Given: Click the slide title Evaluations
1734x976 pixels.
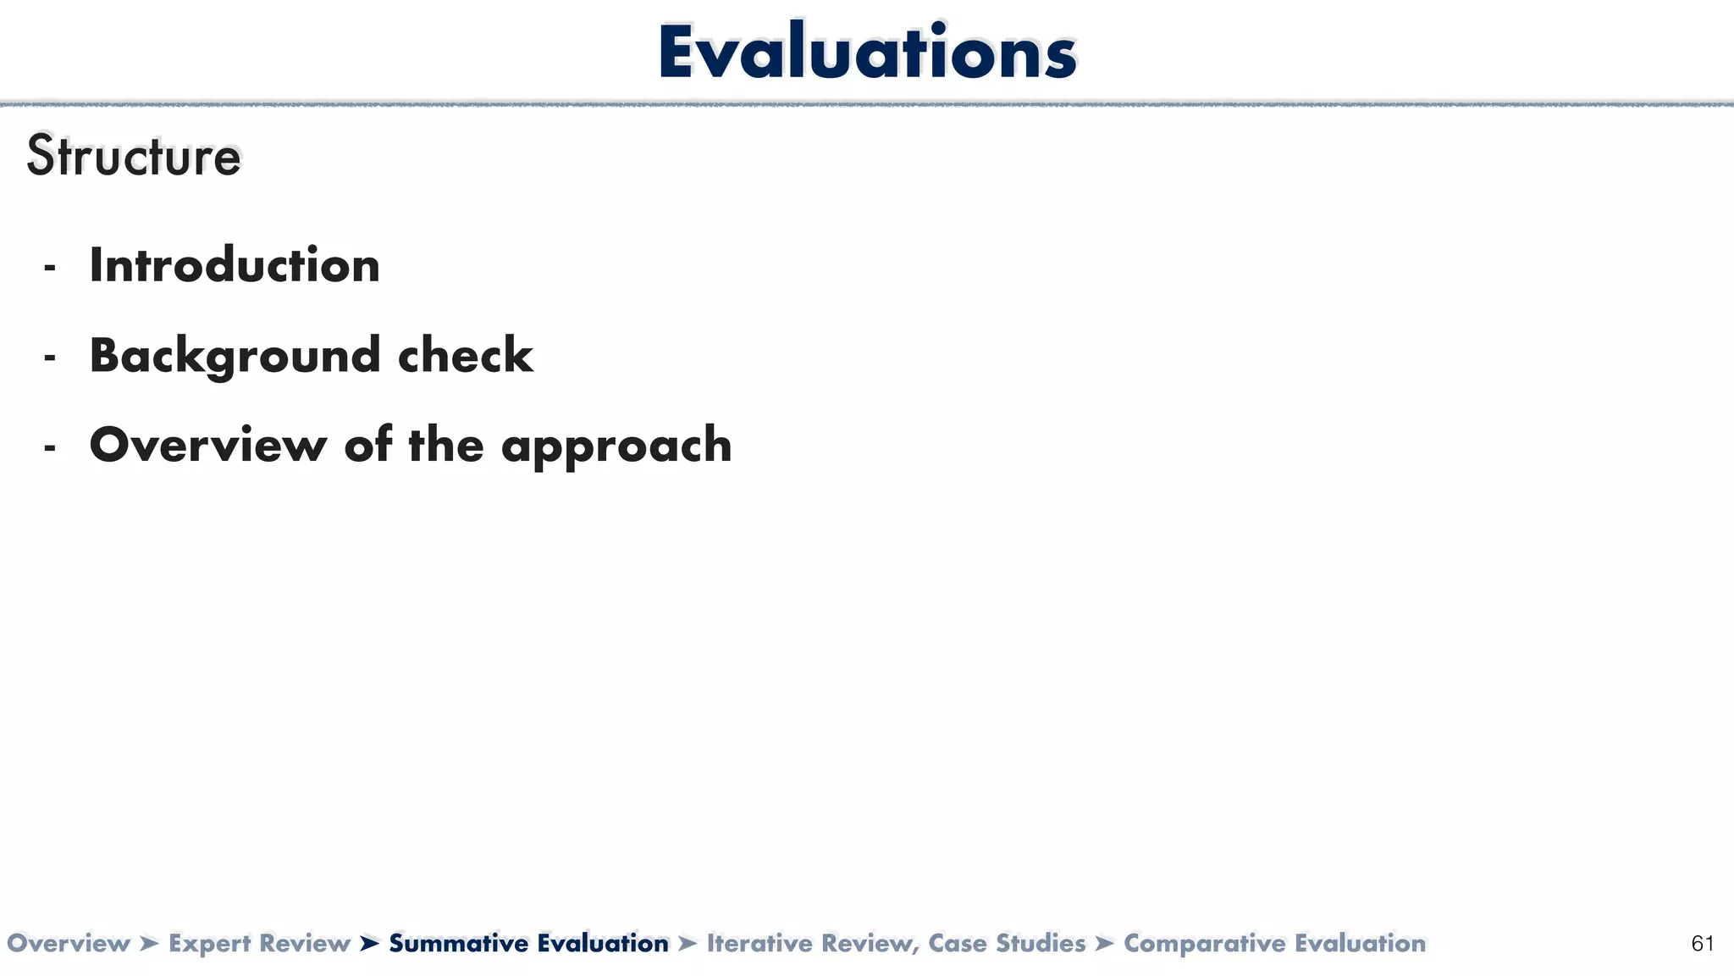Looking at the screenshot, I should (x=867, y=53).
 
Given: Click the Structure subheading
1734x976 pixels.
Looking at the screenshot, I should (x=134, y=157).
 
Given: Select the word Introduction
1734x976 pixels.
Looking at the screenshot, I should (x=235, y=266).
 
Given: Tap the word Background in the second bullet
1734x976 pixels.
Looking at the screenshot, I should (x=235, y=356).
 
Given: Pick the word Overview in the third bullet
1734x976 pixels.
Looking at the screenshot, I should (x=207, y=445).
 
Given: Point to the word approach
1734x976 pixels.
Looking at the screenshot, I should (x=616, y=446).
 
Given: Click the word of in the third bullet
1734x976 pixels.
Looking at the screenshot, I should (x=367, y=445).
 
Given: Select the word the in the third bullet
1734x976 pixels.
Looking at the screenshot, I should (x=447, y=445).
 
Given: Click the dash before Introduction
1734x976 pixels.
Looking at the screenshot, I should (x=50, y=268).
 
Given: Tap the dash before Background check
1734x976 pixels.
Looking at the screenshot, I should (x=50, y=358).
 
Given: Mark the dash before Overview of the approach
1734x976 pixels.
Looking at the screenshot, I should (x=50, y=447).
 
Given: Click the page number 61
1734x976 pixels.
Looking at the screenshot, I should (x=1702, y=944).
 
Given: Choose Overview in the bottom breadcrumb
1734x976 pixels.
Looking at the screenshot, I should (x=68, y=944).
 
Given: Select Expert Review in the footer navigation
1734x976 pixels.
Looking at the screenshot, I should (x=259, y=944).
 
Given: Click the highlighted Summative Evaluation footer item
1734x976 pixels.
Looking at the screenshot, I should (x=528, y=944).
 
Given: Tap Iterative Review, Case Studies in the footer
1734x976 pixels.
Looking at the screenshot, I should (x=896, y=944).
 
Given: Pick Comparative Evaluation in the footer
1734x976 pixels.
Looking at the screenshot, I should (x=1274, y=944).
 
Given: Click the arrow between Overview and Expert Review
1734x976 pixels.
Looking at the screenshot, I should (x=149, y=944).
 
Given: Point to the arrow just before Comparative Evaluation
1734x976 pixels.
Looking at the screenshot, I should (x=1104, y=944).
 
